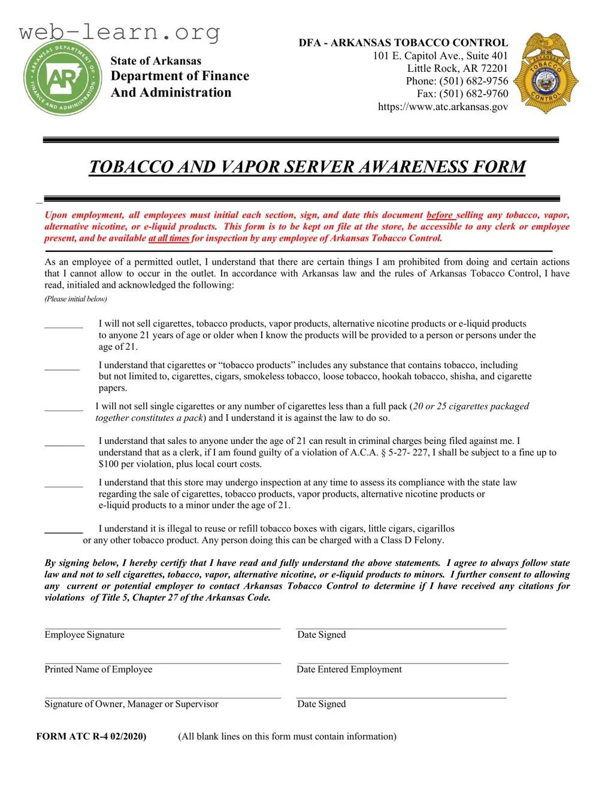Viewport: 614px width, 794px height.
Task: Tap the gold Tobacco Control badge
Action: [x=546, y=74]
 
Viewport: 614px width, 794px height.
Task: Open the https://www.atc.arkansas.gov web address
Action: [x=443, y=107]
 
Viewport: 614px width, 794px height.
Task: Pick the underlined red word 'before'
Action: [x=439, y=215]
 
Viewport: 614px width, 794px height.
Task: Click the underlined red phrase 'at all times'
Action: [x=169, y=238]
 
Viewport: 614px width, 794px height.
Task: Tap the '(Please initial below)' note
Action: [x=75, y=299]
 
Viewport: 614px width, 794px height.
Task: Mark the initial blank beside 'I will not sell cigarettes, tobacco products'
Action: [x=63, y=326]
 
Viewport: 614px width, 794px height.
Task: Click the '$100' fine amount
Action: [x=109, y=464]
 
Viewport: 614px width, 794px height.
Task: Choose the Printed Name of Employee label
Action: [x=98, y=670]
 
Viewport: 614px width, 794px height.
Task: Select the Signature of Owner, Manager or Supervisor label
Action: [x=131, y=704]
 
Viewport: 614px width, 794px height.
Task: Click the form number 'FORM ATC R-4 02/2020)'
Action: [x=91, y=737]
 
